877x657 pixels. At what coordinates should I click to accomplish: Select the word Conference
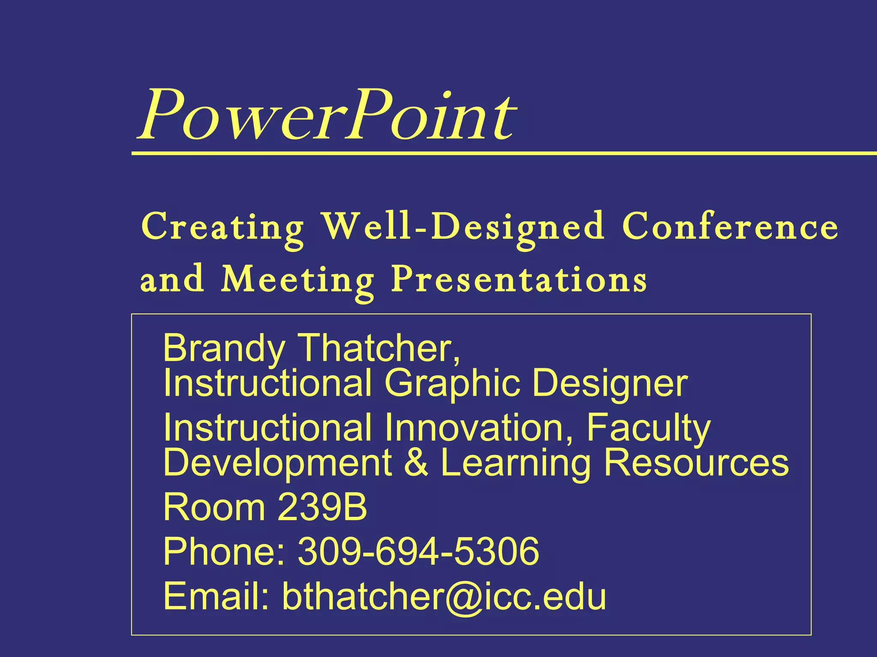coord(730,227)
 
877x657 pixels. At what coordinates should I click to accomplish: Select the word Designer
coord(610,384)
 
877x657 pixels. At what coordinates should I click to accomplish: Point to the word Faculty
coord(648,429)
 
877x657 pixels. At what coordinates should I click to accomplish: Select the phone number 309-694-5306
coord(418,552)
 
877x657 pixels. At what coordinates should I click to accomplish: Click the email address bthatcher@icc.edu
coord(444,596)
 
